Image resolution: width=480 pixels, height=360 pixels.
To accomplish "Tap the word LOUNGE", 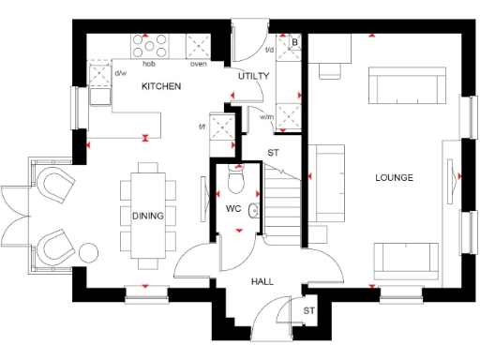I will (x=395, y=177).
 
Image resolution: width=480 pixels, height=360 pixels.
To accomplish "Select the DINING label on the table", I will (x=147, y=216).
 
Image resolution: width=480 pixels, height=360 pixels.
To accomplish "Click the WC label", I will (x=234, y=207).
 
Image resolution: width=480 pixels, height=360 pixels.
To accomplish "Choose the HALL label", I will (x=262, y=280).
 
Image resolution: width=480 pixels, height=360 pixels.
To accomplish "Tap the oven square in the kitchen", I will (x=199, y=46).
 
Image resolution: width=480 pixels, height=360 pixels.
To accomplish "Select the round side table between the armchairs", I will (x=90, y=251).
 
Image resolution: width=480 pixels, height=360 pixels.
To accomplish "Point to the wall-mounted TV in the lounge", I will (x=456, y=175).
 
